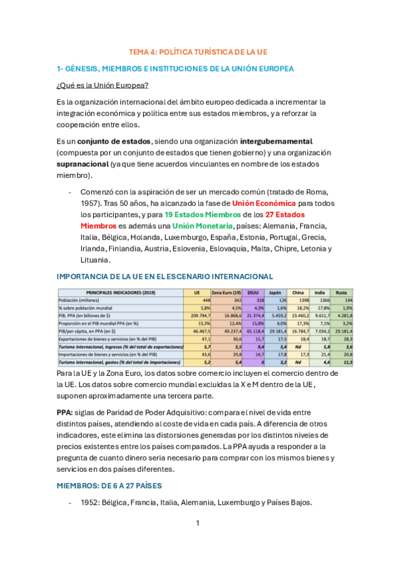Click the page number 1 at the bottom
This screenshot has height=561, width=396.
[x=198, y=524]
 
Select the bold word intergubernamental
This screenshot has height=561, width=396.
[x=276, y=142]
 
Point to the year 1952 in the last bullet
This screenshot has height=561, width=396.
[x=90, y=503]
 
